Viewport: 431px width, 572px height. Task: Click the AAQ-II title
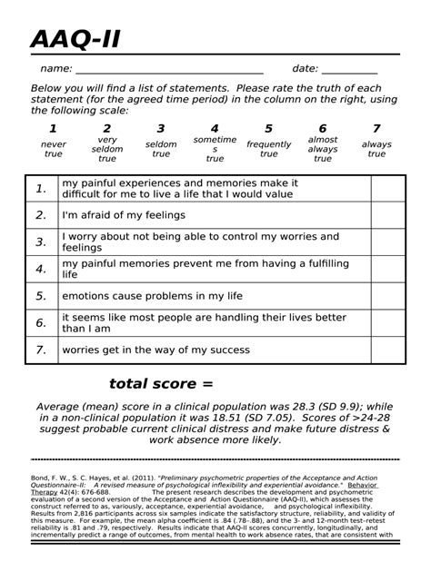pos(75,40)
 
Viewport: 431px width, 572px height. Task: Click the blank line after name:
pos(169,71)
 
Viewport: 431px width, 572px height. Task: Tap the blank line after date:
pos(349,71)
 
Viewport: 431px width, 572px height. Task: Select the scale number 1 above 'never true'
pos(53,128)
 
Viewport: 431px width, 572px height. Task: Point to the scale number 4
pos(215,128)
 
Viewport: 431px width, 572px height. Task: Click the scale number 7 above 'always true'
pos(376,128)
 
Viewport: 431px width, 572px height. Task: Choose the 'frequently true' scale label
pos(268,149)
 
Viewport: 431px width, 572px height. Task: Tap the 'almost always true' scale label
pos(322,149)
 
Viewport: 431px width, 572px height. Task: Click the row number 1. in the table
pos(41,189)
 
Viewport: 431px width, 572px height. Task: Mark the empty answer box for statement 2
pos(387,215)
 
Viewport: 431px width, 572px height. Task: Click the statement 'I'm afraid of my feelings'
pos(123,215)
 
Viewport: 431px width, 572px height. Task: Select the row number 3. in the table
pos(41,242)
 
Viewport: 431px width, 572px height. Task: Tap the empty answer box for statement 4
pos(387,269)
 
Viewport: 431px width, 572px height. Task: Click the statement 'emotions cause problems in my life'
pos(152,296)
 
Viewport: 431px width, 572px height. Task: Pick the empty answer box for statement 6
pos(387,322)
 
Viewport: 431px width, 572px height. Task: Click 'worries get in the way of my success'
pos(155,350)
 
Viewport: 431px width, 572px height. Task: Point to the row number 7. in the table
pos(41,350)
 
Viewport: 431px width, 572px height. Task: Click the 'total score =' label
pos(161,383)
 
